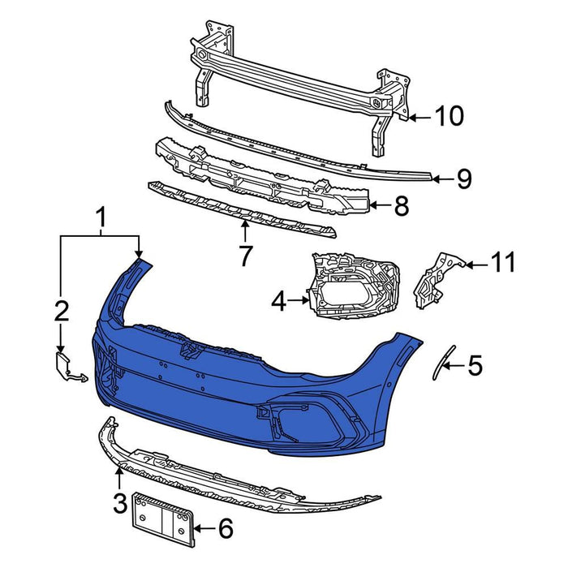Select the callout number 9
click(463, 179)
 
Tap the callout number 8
click(401, 207)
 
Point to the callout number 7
click(246, 256)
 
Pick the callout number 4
click(278, 302)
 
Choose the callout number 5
click(475, 365)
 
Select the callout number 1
click(101, 217)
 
